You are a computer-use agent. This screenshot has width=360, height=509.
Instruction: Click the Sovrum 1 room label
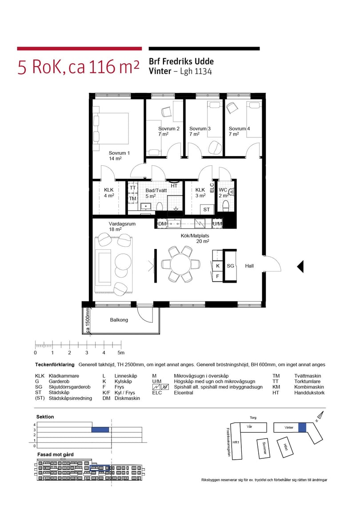(119, 153)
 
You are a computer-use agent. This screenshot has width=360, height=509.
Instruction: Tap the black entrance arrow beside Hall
(300, 267)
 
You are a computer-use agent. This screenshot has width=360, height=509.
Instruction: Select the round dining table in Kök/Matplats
(181, 264)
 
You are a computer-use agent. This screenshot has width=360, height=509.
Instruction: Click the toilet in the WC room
(226, 205)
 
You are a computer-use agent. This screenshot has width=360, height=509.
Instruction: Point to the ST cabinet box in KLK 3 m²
(207, 209)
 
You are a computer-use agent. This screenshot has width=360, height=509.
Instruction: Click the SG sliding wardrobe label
(231, 266)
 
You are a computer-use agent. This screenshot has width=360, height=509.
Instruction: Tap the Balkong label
(119, 320)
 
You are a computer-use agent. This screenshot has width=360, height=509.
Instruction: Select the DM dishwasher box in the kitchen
(162, 224)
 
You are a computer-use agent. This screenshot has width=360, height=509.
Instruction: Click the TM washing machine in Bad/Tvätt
(133, 198)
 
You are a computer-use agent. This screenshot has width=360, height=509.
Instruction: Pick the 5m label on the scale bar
(121, 353)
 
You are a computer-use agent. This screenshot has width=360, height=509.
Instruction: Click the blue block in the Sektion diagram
(100, 429)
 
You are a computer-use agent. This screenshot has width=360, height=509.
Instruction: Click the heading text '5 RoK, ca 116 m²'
(79, 67)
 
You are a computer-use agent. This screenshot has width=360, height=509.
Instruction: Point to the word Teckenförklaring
(55, 365)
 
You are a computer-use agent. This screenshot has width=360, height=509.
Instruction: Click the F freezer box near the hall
(217, 276)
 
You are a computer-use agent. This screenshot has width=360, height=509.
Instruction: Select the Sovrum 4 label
(239, 128)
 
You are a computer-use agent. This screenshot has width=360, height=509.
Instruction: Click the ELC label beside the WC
(212, 188)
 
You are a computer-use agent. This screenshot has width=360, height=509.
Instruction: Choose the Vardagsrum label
(122, 224)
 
